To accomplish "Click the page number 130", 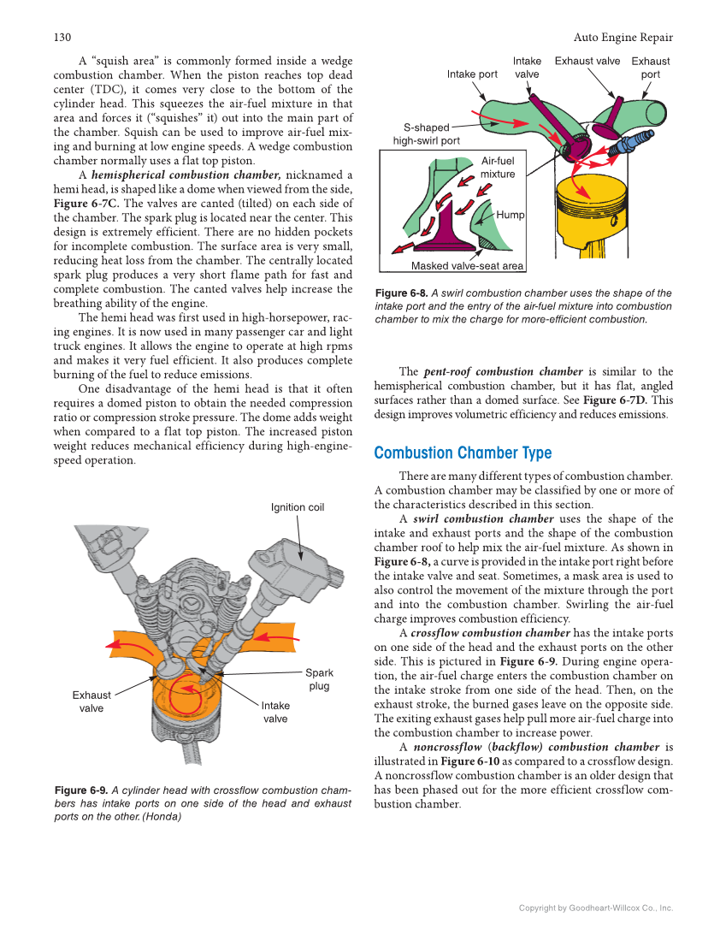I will click(61, 38).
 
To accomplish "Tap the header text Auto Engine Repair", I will click(623, 38).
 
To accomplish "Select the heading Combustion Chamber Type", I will click(463, 453).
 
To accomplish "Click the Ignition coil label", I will click(298, 507).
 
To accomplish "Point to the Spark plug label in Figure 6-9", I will click(319, 679).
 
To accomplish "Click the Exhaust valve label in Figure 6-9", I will click(91, 701).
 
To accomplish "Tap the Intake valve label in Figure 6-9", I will click(275, 712).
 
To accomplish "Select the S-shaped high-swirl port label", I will click(426, 134).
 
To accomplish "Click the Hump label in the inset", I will click(511, 216).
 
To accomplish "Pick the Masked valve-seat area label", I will click(467, 266).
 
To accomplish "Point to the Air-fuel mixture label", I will click(498, 167).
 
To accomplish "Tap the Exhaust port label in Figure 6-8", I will click(650, 68).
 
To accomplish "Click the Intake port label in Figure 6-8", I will click(472, 74).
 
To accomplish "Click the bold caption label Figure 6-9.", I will click(80, 790).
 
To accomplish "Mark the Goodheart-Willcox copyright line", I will click(596, 908).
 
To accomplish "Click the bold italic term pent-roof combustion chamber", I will click(503, 372).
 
